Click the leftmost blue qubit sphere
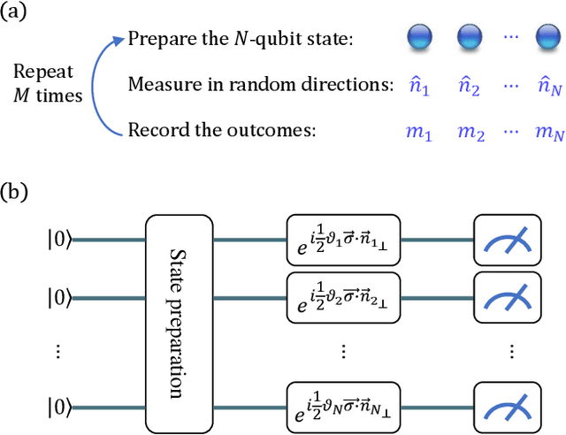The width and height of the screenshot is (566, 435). pyautogui.click(x=417, y=39)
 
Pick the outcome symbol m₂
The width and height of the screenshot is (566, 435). pyautogui.click(x=470, y=132)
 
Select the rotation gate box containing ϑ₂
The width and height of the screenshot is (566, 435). pyautogui.click(x=343, y=285)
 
